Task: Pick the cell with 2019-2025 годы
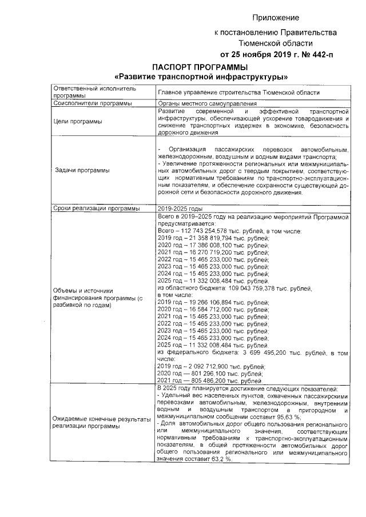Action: [x=180, y=208]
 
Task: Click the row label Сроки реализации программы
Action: [x=96, y=208]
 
